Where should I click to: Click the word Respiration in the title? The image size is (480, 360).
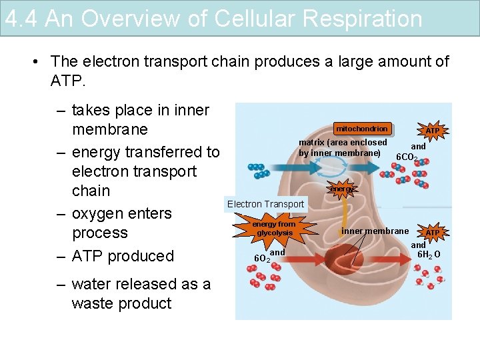362,19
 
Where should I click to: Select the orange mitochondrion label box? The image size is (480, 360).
362,129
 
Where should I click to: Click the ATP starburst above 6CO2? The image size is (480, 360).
433,131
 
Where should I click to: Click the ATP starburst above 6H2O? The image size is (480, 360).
433,233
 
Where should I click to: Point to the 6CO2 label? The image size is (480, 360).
407,158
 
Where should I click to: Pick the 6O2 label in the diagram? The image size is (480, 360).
262,258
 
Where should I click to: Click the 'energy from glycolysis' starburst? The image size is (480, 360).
275,229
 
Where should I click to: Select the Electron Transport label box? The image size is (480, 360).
265,204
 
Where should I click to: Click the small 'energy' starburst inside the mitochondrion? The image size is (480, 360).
342,189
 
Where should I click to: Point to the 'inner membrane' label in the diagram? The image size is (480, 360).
375,231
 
